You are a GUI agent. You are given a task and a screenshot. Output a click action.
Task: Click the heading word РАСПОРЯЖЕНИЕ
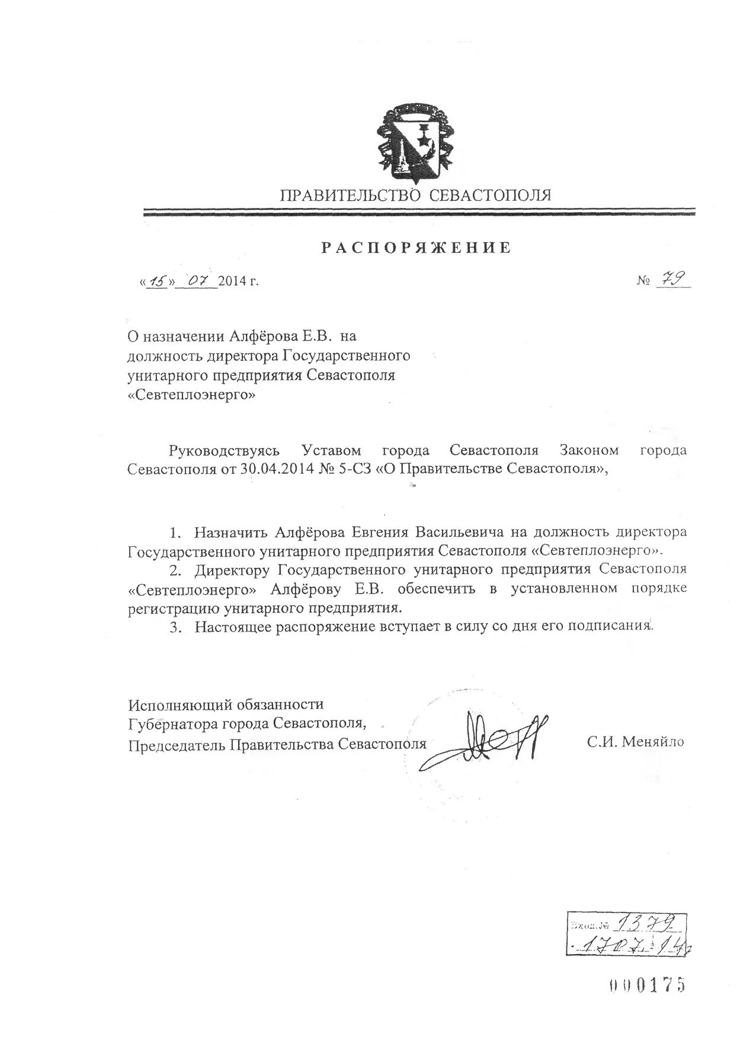point(416,248)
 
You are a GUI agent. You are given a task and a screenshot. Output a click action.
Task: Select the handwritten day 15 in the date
point(157,280)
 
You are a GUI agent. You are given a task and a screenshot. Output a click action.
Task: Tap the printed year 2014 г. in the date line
point(239,281)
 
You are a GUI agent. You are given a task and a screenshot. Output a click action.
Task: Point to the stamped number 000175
point(647,985)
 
